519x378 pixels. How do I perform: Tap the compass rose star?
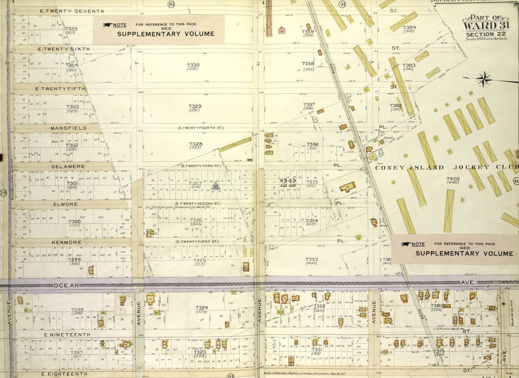(x=485, y=79)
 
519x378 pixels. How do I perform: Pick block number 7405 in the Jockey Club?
(x=453, y=179)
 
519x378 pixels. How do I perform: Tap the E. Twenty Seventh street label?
(x=71, y=11)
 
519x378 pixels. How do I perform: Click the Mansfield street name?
(x=68, y=128)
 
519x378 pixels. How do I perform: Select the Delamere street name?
(x=67, y=166)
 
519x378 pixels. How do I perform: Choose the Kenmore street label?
(x=66, y=243)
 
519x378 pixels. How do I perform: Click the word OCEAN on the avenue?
(x=67, y=286)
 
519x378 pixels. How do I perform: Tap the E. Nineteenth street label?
(x=67, y=335)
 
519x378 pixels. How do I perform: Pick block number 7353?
(x=311, y=259)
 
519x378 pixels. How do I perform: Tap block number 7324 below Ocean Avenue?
(x=201, y=307)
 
